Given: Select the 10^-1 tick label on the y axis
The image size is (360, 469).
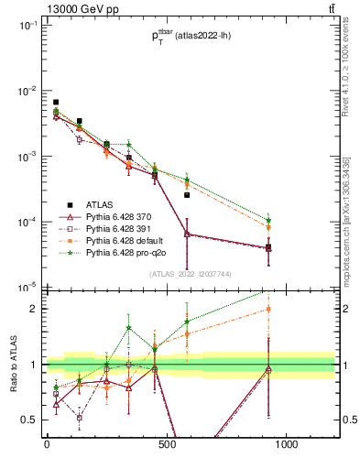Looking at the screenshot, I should [x=27, y=26].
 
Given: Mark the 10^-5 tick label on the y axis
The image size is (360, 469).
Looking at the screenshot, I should [x=27, y=288].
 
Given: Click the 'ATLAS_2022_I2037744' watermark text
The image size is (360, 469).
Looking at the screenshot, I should [x=190, y=274].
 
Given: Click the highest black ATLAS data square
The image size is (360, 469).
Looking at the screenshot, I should [x=56, y=103].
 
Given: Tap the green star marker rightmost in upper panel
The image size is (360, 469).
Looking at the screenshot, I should [x=268, y=220].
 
